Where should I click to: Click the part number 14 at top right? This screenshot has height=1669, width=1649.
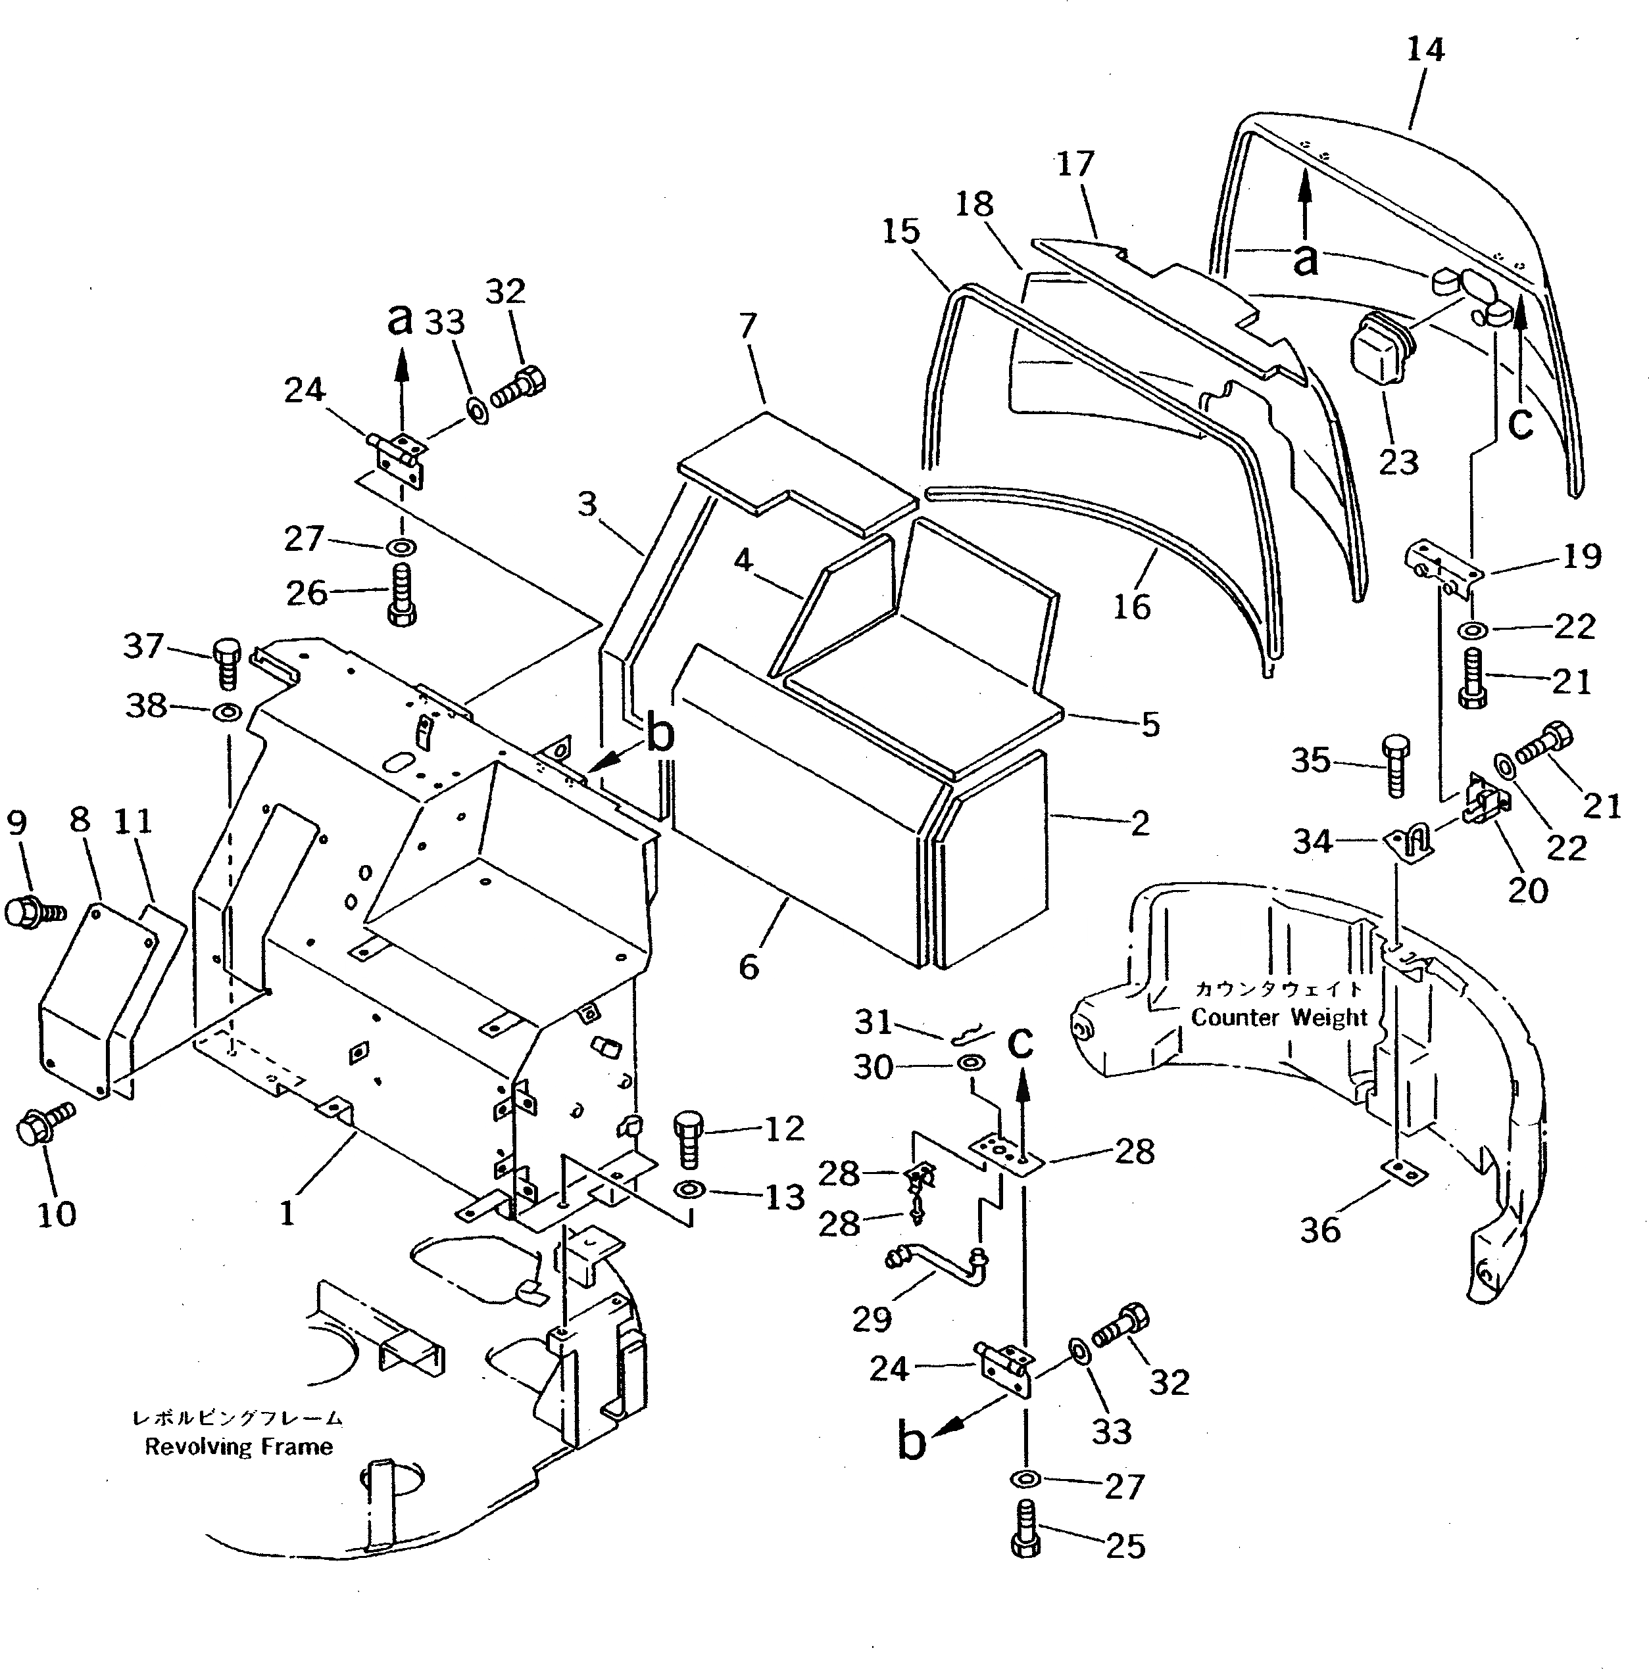[x=1424, y=50]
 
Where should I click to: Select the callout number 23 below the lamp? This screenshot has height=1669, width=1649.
[x=1398, y=462]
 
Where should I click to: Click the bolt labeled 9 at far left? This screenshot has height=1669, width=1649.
[x=33, y=911]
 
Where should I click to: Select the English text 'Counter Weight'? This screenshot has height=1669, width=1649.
[x=1279, y=1018]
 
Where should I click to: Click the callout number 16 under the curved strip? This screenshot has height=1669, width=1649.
[x=1131, y=607]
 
